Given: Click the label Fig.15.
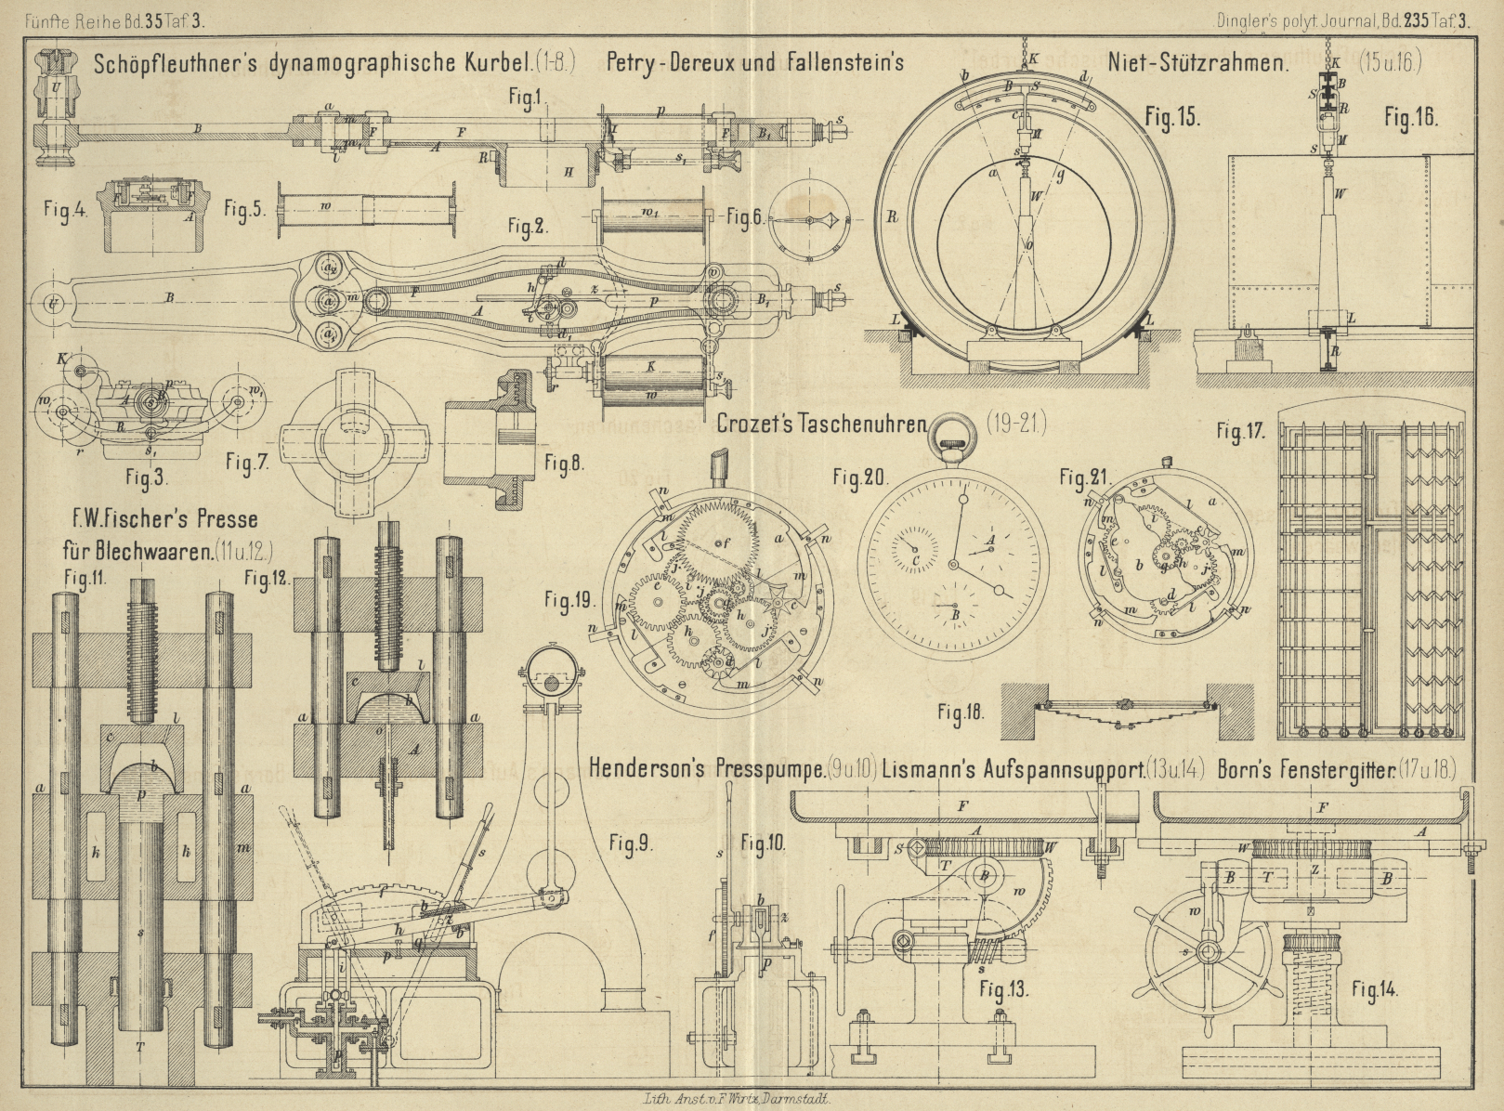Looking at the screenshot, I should click(x=1172, y=117).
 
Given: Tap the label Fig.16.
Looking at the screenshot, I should click(x=1410, y=117).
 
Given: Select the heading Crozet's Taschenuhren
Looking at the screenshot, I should click(x=822, y=424).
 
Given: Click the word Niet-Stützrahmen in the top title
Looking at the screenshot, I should click(x=1197, y=63).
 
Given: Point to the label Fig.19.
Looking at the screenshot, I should click(x=569, y=601).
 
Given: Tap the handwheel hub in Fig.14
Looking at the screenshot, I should click(x=1208, y=950).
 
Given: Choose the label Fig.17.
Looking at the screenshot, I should click(x=1242, y=432).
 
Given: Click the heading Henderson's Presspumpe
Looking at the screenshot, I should click(x=707, y=769).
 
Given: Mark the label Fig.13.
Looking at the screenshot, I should click(x=1004, y=989).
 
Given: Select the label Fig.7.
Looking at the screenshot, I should click(x=247, y=462).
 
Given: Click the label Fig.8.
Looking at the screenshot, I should click(x=564, y=462).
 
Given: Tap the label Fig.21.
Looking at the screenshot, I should click(x=1084, y=477).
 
